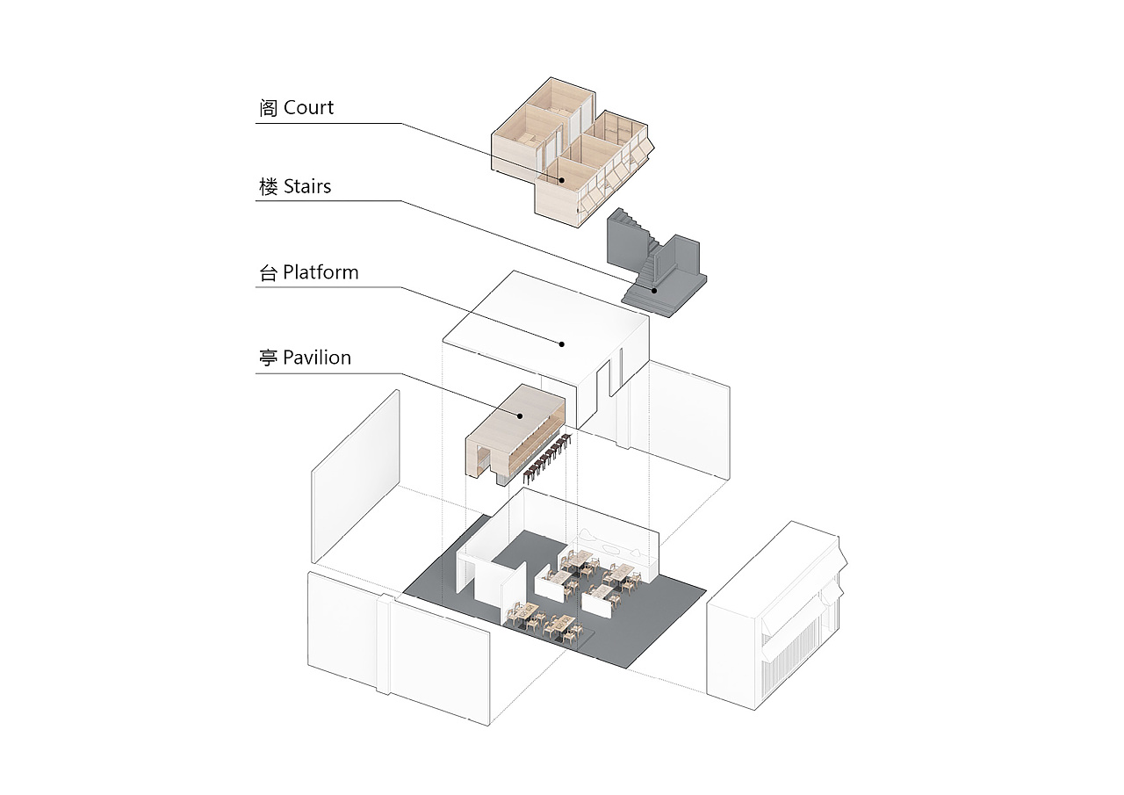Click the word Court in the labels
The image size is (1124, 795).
pyautogui.click(x=308, y=108)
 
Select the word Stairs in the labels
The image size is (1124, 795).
pyautogui.click(x=307, y=186)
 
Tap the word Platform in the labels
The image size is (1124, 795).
pyautogui.click(x=321, y=272)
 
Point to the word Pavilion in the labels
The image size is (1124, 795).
pyautogui.click(x=317, y=358)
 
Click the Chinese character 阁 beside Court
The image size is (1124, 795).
pyautogui.click(x=269, y=108)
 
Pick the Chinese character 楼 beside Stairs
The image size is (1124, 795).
pyautogui.click(x=269, y=186)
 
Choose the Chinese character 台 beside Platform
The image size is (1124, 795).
pyautogui.click(x=269, y=272)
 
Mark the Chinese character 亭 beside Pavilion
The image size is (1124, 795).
pyautogui.click(x=269, y=358)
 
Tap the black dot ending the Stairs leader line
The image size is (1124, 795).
pyautogui.click(x=653, y=288)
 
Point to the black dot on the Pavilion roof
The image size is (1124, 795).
pyautogui.click(x=519, y=416)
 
